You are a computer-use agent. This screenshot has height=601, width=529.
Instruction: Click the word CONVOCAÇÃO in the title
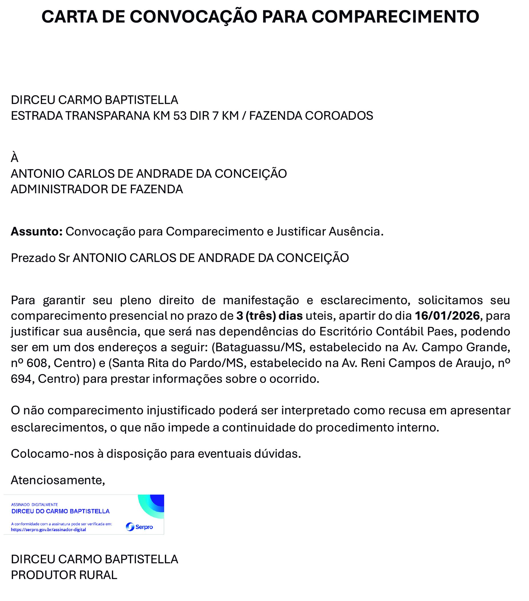click(193, 17)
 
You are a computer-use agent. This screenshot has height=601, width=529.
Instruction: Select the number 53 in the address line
click(180, 116)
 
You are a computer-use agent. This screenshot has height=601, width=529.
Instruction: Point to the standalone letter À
click(14, 158)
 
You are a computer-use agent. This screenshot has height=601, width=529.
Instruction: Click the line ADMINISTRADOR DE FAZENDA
click(97, 189)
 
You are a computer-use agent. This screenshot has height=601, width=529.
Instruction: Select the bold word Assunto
click(37, 231)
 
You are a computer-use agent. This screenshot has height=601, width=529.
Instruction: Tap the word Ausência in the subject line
click(356, 231)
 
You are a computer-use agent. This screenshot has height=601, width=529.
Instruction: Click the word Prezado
click(33, 258)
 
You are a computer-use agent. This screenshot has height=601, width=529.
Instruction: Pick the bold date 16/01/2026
click(447, 316)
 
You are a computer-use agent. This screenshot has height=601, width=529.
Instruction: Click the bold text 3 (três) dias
click(269, 316)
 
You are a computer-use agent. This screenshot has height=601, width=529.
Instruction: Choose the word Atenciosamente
click(58, 480)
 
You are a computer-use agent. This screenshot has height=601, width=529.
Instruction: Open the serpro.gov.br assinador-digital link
click(49, 530)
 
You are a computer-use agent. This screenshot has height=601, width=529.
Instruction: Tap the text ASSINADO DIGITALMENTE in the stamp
click(35, 505)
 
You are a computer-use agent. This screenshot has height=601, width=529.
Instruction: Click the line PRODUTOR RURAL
click(64, 575)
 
